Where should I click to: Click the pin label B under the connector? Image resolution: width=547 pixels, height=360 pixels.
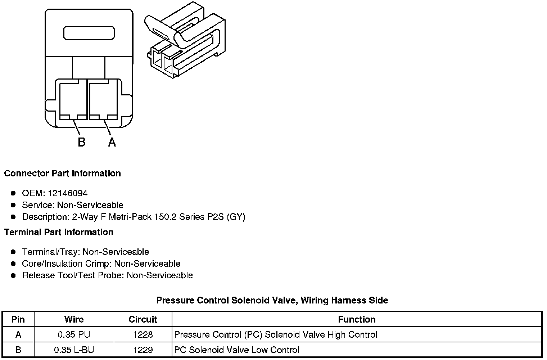pyautogui.click(x=82, y=142)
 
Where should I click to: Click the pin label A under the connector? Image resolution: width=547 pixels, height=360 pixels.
pyautogui.click(x=112, y=142)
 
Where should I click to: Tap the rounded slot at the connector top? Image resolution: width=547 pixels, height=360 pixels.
pyautogui.click(x=89, y=33)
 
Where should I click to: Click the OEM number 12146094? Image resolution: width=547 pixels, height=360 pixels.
pyautogui.click(x=67, y=193)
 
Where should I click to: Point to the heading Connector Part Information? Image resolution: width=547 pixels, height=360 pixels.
pyautogui.click(x=62, y=173)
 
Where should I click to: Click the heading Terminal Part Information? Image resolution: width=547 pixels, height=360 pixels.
pyautogui.click(x=59, y=232)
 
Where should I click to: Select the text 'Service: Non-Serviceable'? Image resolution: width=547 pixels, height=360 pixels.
pyautogui.click(x=72, y=205)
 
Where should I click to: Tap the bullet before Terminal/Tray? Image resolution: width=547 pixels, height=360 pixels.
pyautogui.click(x=13, y=252)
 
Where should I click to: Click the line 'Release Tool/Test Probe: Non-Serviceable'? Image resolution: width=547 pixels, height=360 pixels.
pyautogui.click(x=107, y=275)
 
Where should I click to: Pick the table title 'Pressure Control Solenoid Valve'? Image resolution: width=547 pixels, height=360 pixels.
pyautogui.click(x=272, y=300)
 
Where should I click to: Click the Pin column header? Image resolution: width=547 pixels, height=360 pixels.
pyautogui.click(x=18, y=319)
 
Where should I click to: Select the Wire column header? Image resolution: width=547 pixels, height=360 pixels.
pyautogui.click(x=74, y=319)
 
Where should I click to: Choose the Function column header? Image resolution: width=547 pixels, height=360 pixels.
pyautogui.click(x=357, y=319)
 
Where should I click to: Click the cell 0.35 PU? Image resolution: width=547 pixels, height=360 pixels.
pyautogui.click(x=74, y=335)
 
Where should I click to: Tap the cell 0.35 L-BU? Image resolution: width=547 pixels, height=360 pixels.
pyautogui.click(x=74, y=350)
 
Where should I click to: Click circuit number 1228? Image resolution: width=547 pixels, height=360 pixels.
pyautogui.click(x=143, y=335)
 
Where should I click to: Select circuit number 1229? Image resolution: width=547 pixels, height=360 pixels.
pyautogui.click(x=143, y=350)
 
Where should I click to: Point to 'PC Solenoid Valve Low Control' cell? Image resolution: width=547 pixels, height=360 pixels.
pyautogui.click(x=237, y=350)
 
